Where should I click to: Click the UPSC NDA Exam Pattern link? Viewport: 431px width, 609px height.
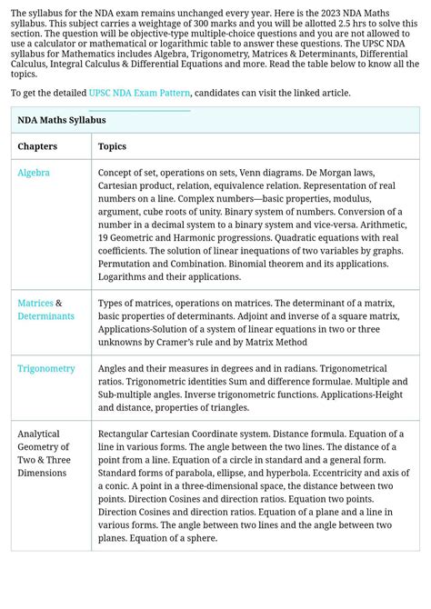[139, 94]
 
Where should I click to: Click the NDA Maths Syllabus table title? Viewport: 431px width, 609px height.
[62, 120]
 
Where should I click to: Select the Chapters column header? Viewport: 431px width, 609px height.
[37, 146]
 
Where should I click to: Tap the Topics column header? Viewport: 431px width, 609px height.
[112, 146]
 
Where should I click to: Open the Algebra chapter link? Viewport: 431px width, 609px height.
[34, 173]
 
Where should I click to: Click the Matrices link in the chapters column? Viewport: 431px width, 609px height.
[35, 303]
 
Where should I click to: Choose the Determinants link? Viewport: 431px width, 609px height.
[45, 316]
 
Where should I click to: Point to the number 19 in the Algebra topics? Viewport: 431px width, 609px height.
[104, 237]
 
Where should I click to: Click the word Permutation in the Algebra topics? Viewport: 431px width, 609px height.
[127, 264]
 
